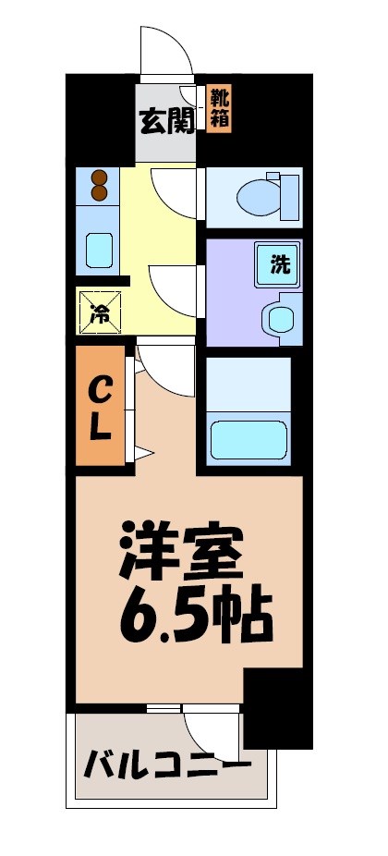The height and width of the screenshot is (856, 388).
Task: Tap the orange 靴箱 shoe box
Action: coord(219,109)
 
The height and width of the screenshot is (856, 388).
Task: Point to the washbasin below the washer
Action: coord(279,318)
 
